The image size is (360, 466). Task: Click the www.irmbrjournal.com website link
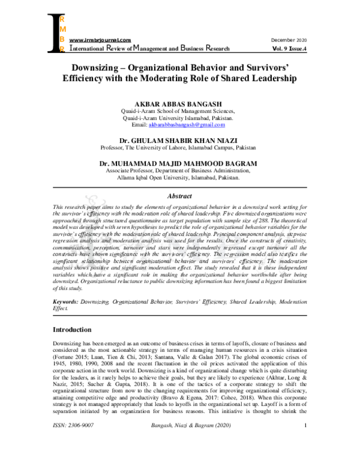click(x=100, y=40)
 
